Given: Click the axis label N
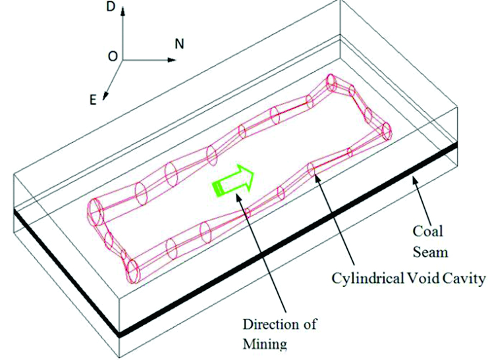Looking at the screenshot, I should tap(179, 45).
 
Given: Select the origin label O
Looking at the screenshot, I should tap(113, 57).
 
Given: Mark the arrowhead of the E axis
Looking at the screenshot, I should tap(105, 97).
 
